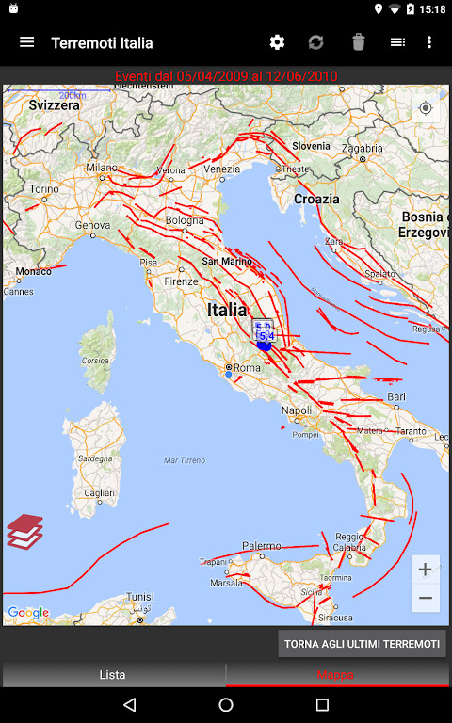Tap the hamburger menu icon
click(x=26, y=42)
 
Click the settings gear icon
click(x=277, y=42)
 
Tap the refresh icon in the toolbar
click(x=316, y=42)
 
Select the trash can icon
click(x=358, y=42)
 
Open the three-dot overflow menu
click(x=429, y=42)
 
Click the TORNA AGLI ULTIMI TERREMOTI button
click(x=362, y=644)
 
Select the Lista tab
click(x=112, y=674)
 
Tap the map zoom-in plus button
click(x=425, y=570)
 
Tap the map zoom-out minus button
click(x=425, y=598)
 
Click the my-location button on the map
click(x=426, y=108)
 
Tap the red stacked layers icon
click(x=25, y=531)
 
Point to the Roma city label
click(x=247, y=368)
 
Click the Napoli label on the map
click(x=297, y=410)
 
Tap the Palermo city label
click(x=261, y=546)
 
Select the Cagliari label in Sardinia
click(x=99, y=492)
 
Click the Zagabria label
click(x=362, y=148)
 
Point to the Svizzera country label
click(x=54, y=106)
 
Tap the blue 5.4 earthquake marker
click(x=265, y=335)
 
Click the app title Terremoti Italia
click(x=102, y=42)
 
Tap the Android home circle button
click(x=226, y=704)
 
